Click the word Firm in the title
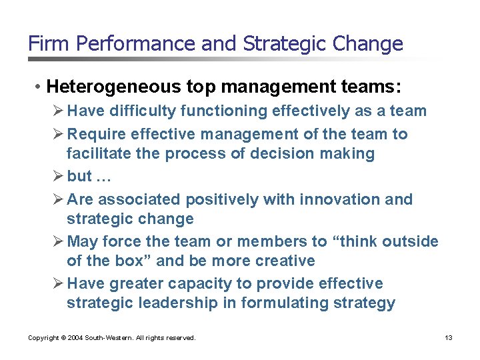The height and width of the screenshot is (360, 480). [x=49, y=44]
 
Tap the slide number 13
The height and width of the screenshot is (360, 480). [x=449, y=338]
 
